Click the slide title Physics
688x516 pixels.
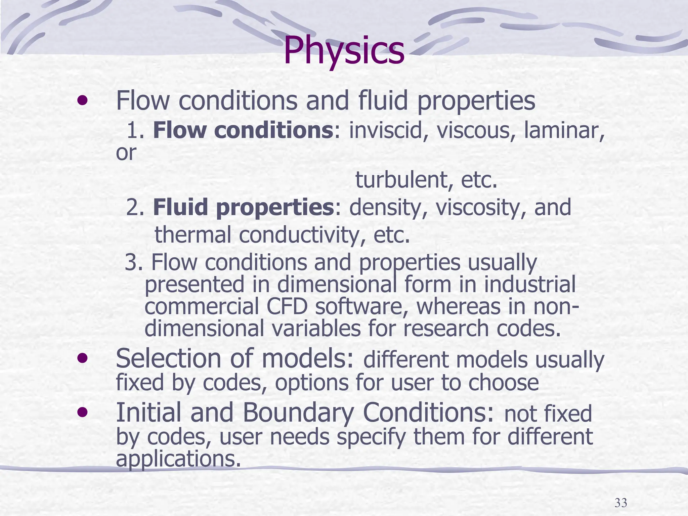click(344, 51)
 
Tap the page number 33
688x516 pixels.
click(620, 503)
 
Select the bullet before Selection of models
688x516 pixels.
click(83, 358)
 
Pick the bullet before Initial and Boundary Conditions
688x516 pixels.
click(83, 412)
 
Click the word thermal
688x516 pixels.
click(192, 234)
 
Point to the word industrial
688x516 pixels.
click(530, 285)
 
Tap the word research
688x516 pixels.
click(445, 329)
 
